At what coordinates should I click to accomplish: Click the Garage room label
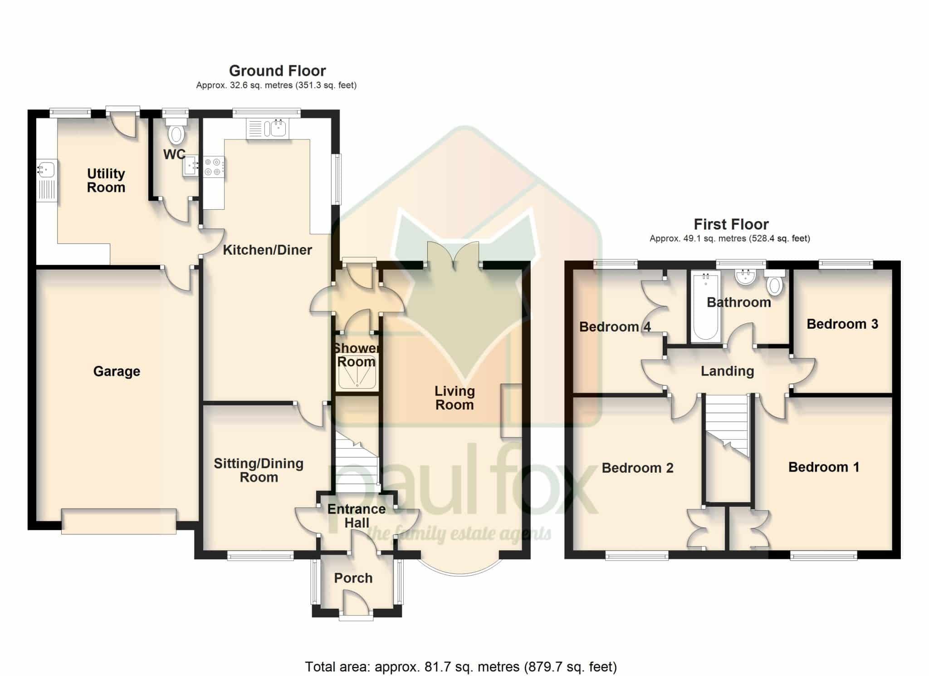click(x=117, y=371)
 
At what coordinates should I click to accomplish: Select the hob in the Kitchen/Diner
click(x=214, y=167)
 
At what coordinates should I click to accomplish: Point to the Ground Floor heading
click(x=277, y=71)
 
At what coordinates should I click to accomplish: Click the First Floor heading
click(x=731, y=224)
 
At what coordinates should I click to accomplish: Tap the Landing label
click(x=727, y=371)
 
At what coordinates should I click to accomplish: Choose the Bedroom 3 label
click(x=842, y=324)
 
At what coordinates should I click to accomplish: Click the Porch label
click(x=353, y=578)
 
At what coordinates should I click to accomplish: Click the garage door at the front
click(x=118, y=521)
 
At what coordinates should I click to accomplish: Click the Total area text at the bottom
click(x=461, y=666)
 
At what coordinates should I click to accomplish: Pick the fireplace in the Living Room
click(x=511, y=411)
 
